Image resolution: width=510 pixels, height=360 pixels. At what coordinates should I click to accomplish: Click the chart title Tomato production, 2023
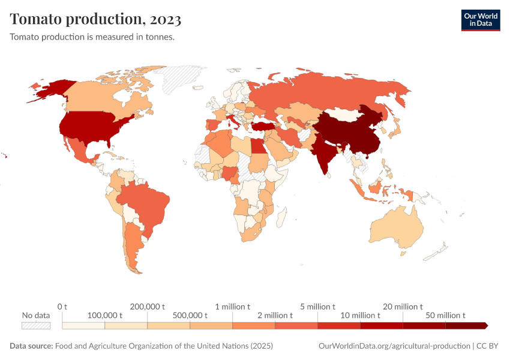point(95,19)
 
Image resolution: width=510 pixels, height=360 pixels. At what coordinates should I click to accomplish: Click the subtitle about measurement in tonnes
point(92,37)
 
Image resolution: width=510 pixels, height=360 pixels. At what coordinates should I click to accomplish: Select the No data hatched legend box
point(35,325)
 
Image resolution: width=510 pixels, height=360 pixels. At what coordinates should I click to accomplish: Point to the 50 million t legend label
point(446,315)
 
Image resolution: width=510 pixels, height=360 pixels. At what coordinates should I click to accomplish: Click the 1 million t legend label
point(232,307)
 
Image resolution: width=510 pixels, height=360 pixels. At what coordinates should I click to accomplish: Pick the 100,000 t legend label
point(105,315)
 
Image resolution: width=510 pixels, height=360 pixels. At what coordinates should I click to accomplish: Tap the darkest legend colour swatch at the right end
point(466,325)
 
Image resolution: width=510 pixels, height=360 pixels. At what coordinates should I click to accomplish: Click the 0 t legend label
point(62,307)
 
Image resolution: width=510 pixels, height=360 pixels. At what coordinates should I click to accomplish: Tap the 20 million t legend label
point(403,307)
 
